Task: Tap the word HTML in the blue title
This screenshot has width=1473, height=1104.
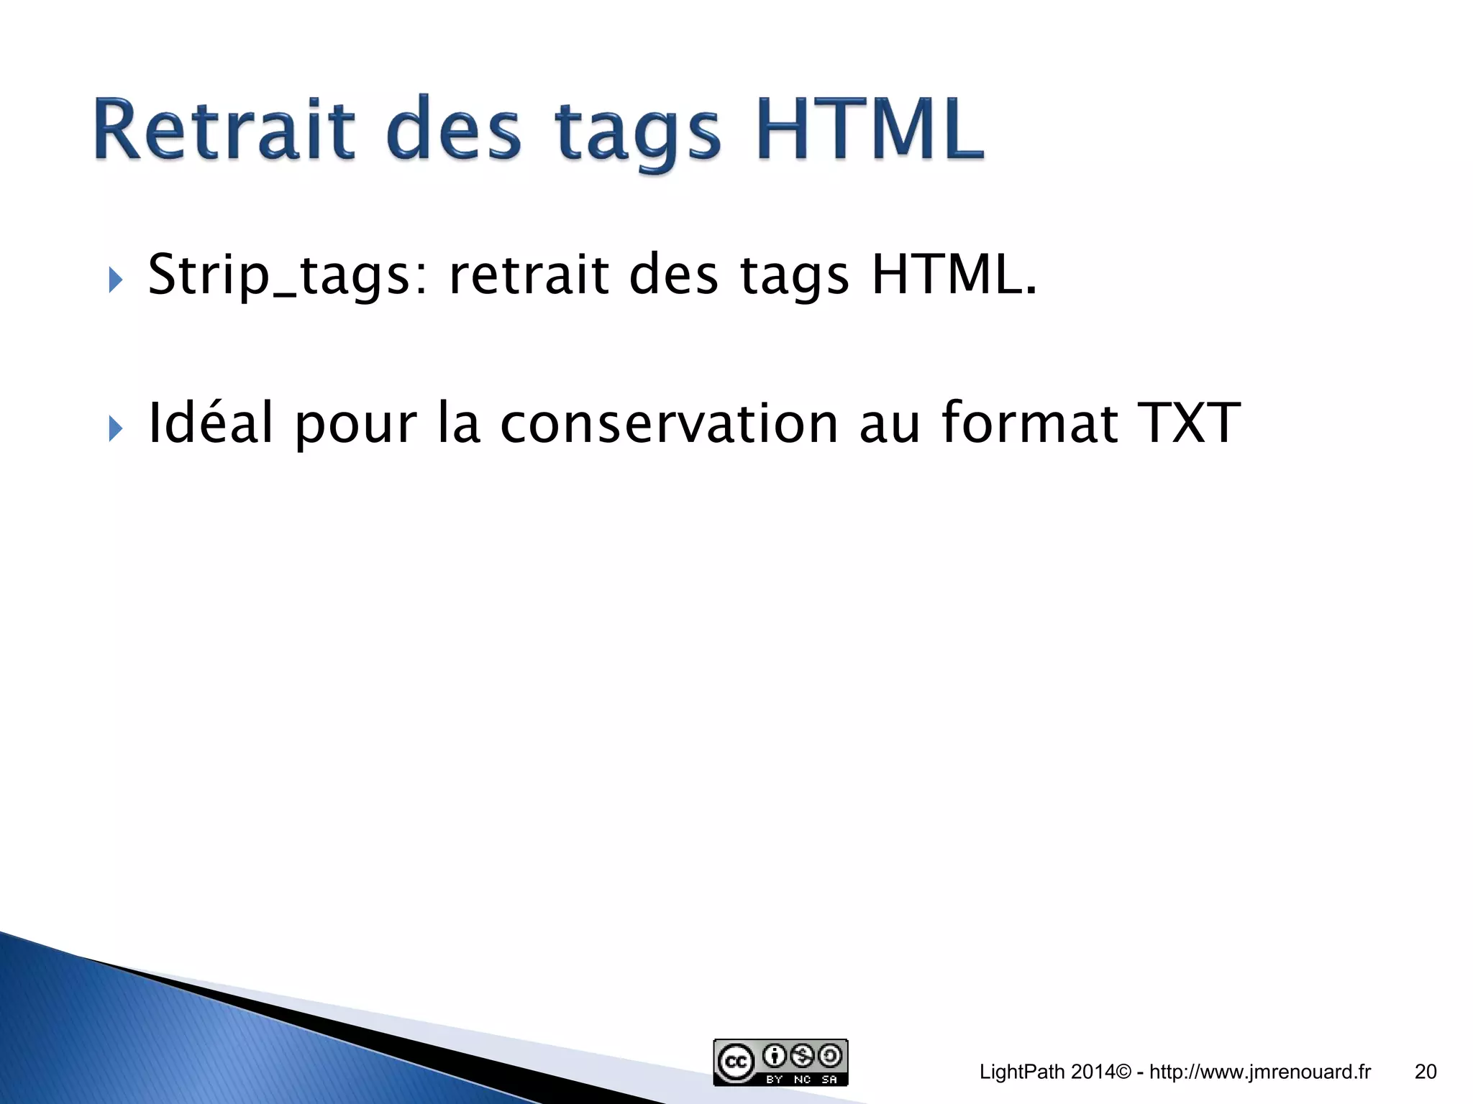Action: pos(870,130)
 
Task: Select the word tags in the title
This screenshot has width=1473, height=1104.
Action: pos(637,134)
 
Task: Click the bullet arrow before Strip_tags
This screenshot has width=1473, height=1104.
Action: pos(115,280)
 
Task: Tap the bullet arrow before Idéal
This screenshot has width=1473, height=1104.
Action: pos(115,428)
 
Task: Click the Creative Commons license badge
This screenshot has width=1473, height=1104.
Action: pos(780,1062)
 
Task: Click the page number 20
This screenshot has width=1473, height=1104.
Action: pos(1425,1072)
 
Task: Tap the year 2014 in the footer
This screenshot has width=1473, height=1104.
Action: pos(1093,1072)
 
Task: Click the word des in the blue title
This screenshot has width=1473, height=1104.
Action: pos(454,130)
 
